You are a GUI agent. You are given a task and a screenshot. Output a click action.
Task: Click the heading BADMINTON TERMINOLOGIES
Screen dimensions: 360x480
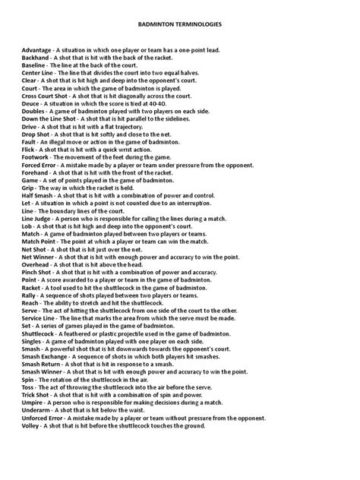179,25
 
